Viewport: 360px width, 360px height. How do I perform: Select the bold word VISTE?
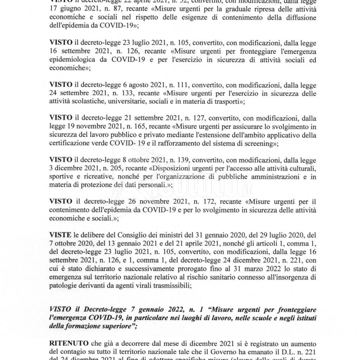click(60, 234)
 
